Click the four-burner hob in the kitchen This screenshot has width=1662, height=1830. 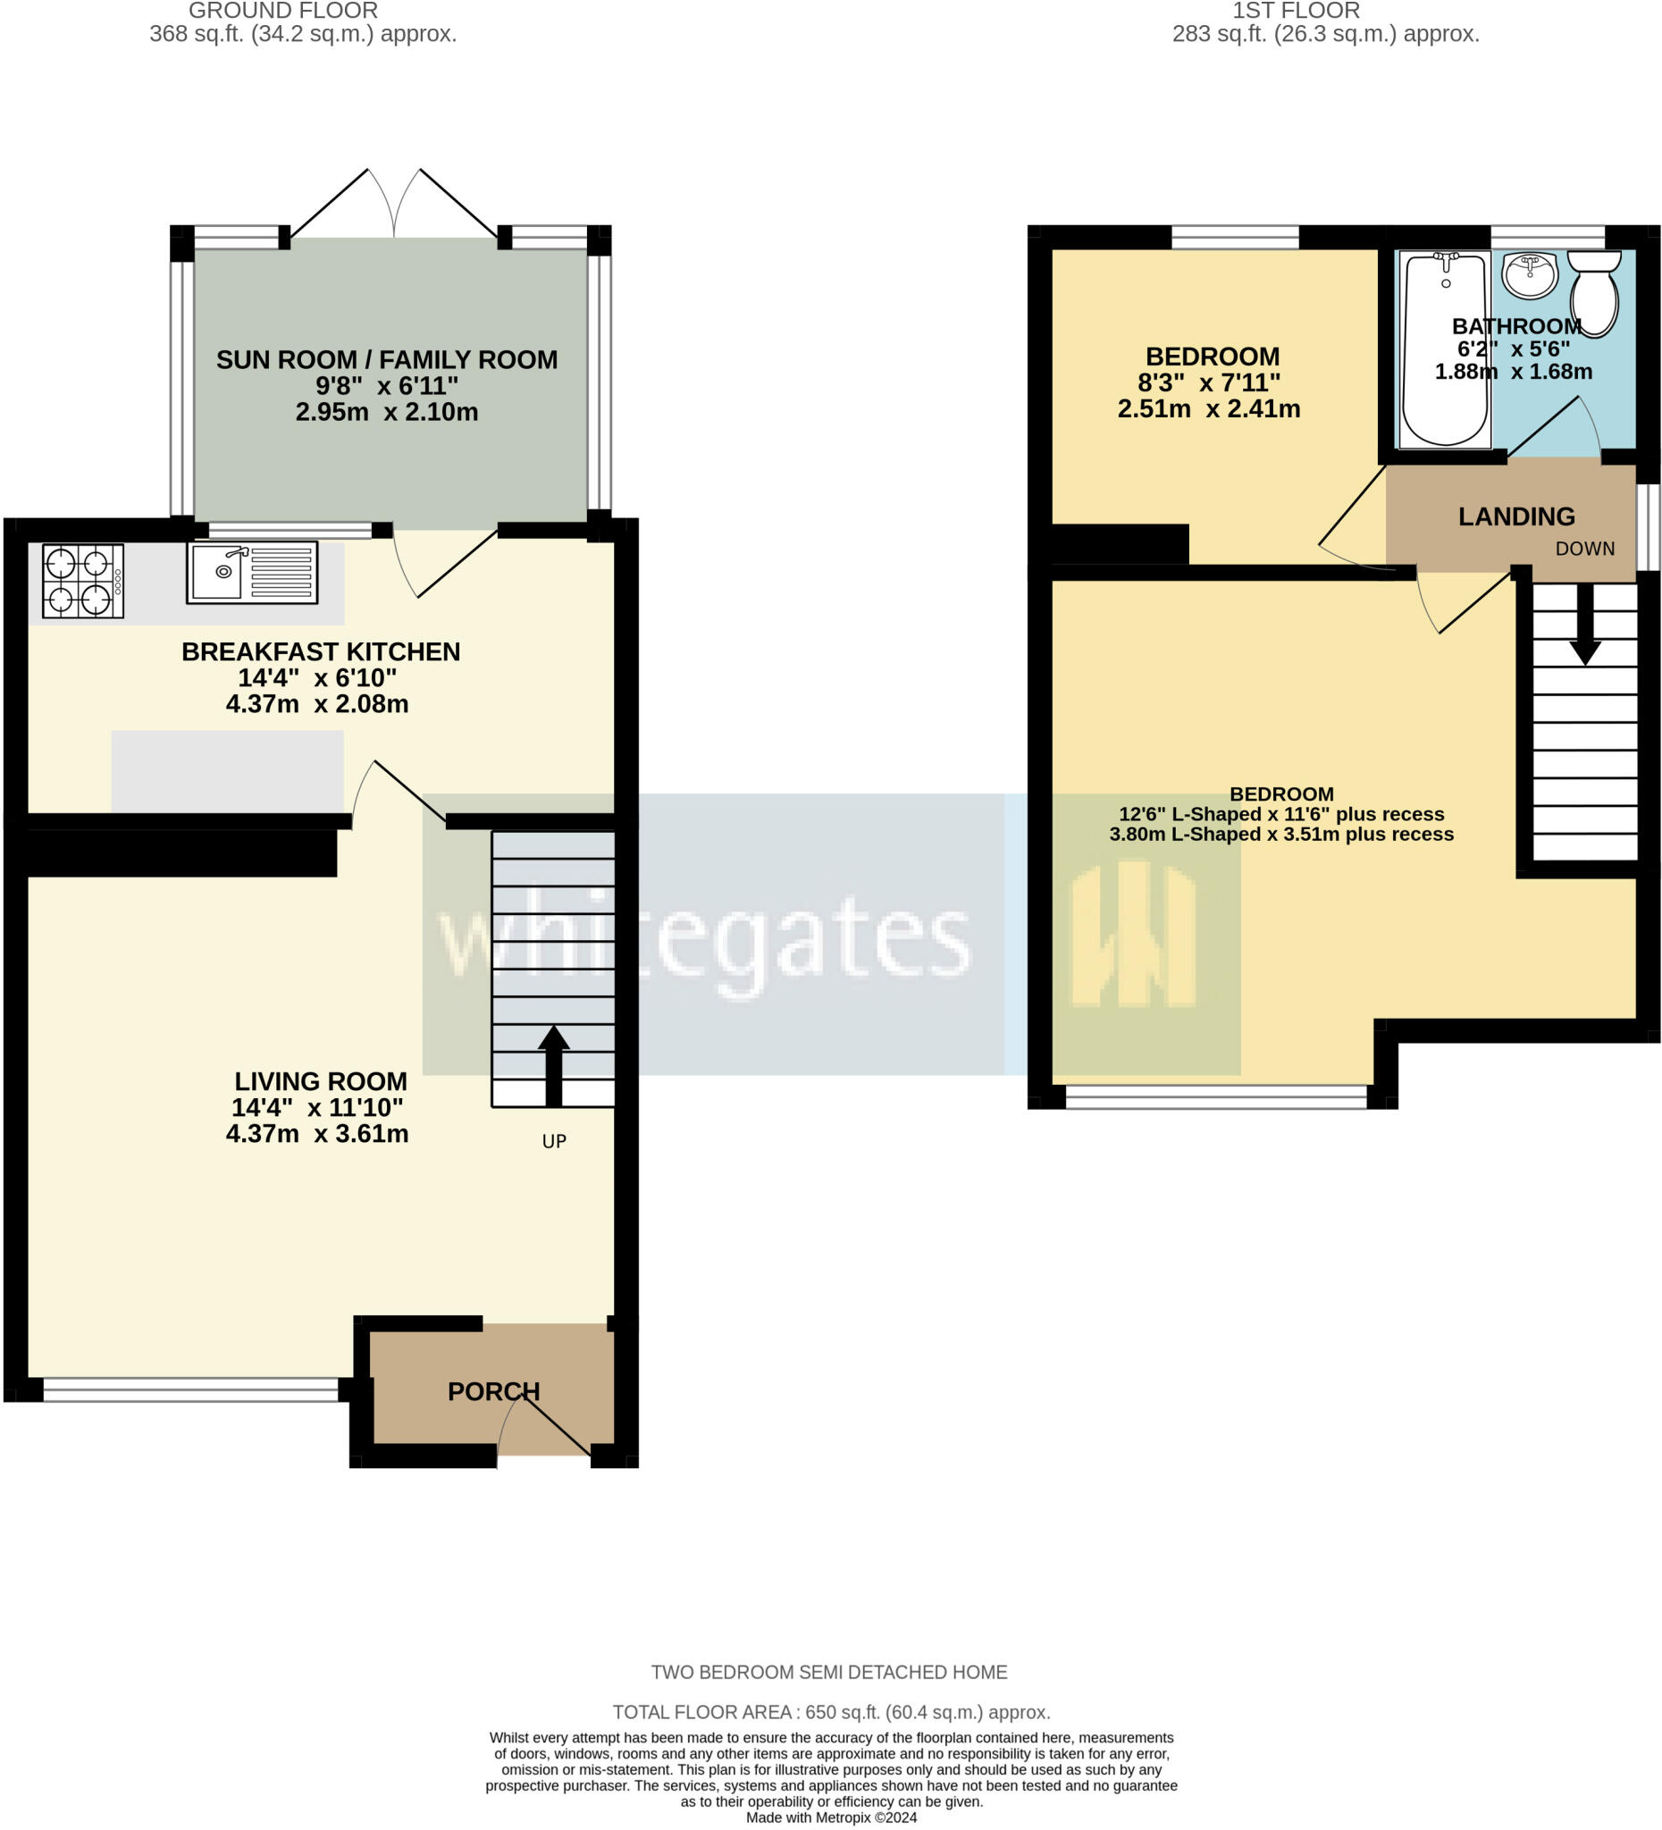(x=82, y=581)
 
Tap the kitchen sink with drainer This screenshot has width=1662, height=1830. (x=251, y=572)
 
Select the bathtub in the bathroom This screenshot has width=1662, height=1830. (x=1444, y=349)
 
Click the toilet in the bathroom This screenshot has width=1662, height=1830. (x=1594, y=292)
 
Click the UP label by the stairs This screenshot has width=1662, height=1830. (x=554, y=1141)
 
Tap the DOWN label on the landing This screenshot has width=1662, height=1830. (x=1584, y=549)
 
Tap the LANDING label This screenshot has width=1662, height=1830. (x=1515, y=516)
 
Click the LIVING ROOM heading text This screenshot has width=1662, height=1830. (x=321, y=1081)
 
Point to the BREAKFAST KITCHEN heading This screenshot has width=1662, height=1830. (x=321, y=651)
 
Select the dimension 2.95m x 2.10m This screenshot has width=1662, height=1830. (x=386, y=412)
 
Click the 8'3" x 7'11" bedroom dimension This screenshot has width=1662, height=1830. (x=1208, y=382)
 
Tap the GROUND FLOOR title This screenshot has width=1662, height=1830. (x=283, y=11)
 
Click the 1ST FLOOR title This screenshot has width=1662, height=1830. (x=1296, y=11)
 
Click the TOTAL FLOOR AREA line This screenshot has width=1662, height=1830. (x=830, y=1712)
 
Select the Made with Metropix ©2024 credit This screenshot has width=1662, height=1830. (x=830, y=1817)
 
